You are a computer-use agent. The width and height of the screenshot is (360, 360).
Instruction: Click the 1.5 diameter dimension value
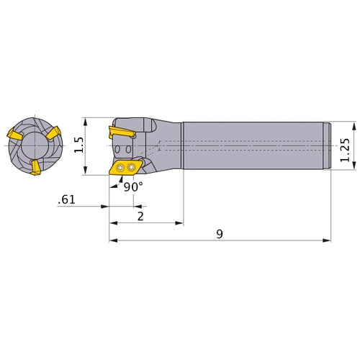(x=80, y=145)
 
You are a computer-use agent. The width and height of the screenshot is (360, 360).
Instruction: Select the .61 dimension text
(x=66, y=201)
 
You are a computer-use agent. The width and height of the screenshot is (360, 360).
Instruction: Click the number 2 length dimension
(x=140, y=217)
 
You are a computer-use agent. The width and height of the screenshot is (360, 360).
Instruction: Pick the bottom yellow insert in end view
(x=35, y=168)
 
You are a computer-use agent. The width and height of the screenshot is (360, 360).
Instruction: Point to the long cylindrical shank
(x=256, y=146)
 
